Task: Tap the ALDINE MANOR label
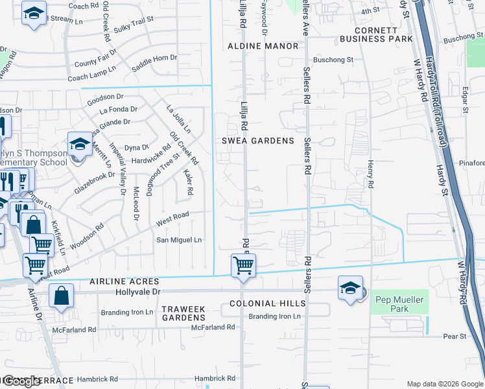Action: [x=263, y=46]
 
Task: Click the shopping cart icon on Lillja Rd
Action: [x=243, y=265]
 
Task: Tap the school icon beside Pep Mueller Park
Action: [x=350, y=289]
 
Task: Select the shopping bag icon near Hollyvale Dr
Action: [x=62, y=296]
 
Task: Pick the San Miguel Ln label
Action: [x=180, y=240]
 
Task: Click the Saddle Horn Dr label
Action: [x=154, y=58]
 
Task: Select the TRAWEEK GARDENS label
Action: [x=183, y=314]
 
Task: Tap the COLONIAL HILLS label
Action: [x=267, y=303]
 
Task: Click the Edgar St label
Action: [x=465, y=100]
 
